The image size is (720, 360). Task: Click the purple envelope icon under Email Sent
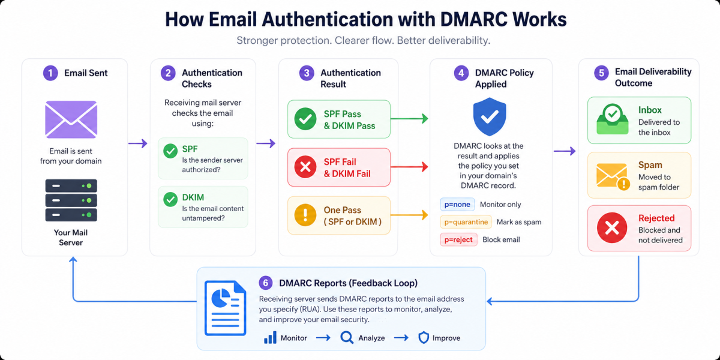click(71, 119)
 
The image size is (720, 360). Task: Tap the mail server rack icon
click(71, 200)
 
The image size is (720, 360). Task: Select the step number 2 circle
click(168, 73)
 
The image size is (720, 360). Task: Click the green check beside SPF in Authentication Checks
click(170, 151)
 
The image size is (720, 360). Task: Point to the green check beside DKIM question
click(170, 199)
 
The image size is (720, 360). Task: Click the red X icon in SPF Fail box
click(305, 167)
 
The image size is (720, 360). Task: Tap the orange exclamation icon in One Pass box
click(305, 215)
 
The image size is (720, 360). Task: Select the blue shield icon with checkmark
click(490, 116)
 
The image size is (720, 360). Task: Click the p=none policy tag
click(457, 205)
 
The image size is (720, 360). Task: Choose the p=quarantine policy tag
click(466, 222)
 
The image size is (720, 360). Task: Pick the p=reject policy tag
click(458, 240)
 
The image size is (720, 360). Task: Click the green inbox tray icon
click(613, 119)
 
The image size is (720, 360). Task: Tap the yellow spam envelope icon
click(613, 176)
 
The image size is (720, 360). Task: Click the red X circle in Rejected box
click(612, 228)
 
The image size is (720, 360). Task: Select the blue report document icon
click(226, 308)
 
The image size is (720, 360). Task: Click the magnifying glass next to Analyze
click(347, 338)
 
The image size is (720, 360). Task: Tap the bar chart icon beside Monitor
click(270, 338)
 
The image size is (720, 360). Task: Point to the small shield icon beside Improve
click(424, 338)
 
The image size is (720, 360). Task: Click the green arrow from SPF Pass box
click(409, 119)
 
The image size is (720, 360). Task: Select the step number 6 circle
click(266, 283)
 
